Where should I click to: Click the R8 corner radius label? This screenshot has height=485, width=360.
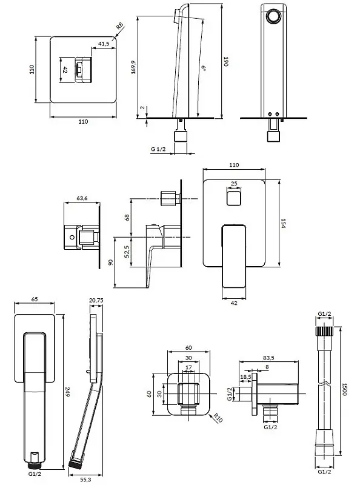tap(120, 25)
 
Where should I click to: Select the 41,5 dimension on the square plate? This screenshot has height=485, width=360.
tap(104, 44)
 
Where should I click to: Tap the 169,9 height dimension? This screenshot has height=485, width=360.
tap(133, 67)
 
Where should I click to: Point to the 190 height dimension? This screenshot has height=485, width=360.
tap(226, 61)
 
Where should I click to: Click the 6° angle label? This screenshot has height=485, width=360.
tap(204, 68)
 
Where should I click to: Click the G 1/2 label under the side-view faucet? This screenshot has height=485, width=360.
tap(158, 149)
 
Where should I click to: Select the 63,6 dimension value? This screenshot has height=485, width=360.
tap(82, 198)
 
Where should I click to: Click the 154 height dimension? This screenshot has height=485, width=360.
tap(283, 223)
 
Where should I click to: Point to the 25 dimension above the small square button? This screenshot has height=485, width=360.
tap(234, 184)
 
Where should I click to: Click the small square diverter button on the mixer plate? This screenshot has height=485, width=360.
tap(234, 198)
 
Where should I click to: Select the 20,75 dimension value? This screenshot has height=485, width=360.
tap(96, 300)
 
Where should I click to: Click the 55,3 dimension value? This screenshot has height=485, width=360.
tap(85, 480)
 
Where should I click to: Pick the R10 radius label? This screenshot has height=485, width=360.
tap(218, 418)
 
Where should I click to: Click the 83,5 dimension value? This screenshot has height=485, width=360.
tap(268, 358)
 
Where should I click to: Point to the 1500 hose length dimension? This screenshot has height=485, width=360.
tap(344, 389)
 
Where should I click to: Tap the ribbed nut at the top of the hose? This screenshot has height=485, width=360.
tap(324, 331)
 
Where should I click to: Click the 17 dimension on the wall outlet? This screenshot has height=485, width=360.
tap(188, 367)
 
